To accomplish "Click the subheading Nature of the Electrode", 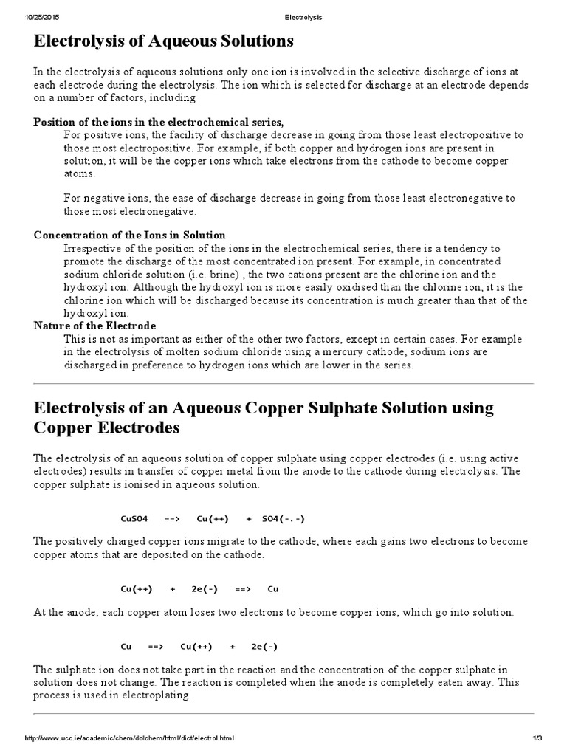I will pos(94,326).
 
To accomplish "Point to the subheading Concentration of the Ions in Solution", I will pos(129,235).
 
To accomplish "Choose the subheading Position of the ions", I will pos(158,122).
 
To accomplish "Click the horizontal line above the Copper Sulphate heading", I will pos(283,384).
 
